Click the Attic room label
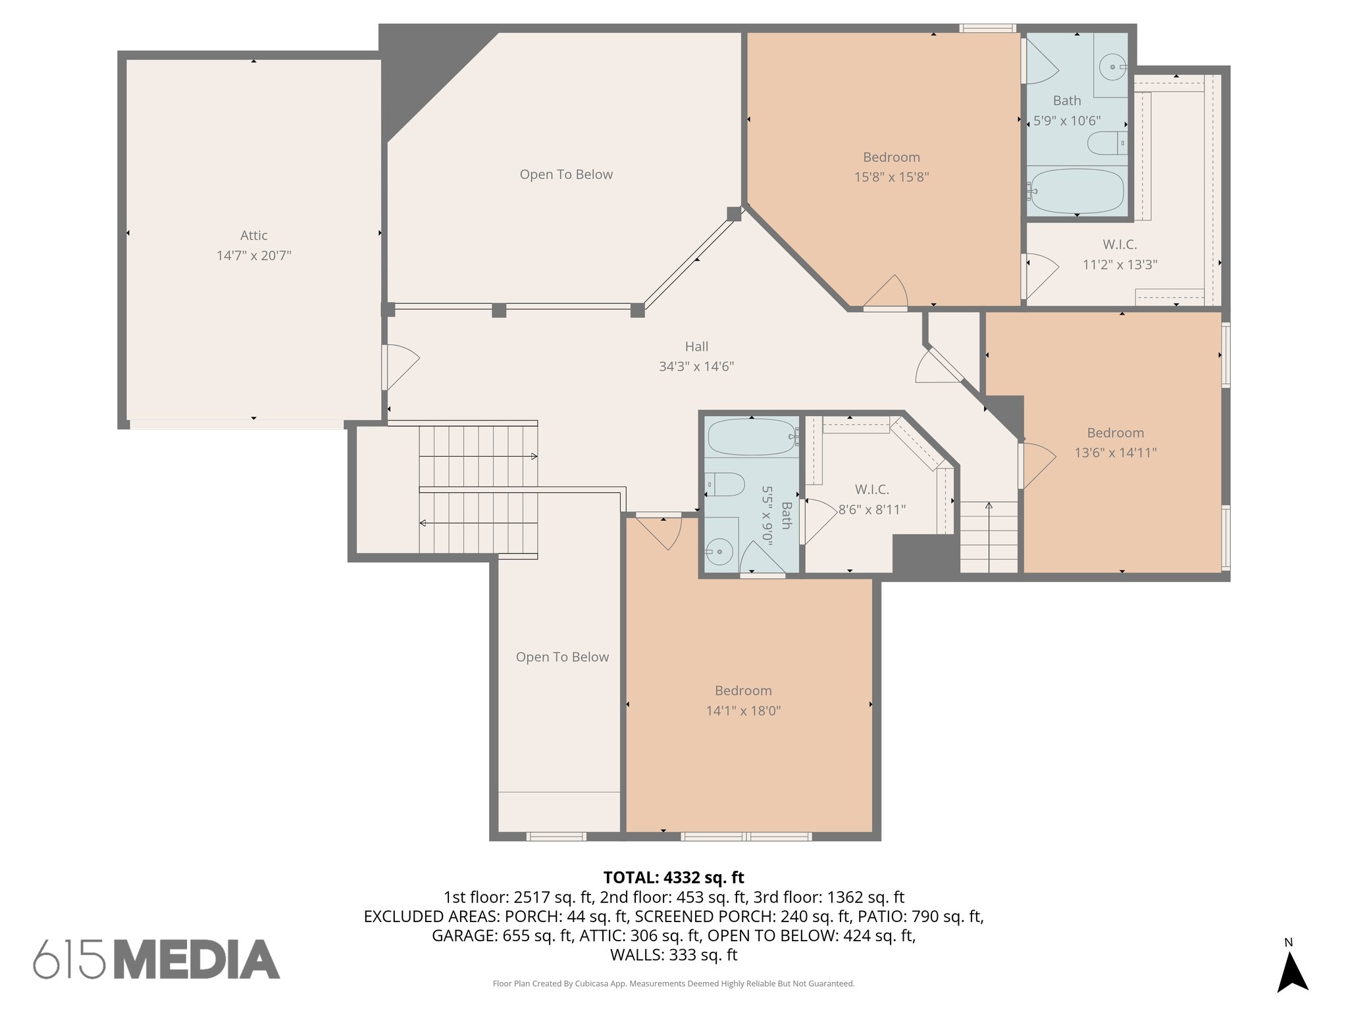click(253, 235)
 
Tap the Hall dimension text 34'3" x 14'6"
click(696, 367)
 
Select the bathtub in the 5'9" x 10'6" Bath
click(1077, 191)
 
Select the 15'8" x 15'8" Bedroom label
click(891, 157)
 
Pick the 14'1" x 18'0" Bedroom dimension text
click(743, 711)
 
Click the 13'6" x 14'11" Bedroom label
click(1115, 433)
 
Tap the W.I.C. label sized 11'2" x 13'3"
click(1120, 245)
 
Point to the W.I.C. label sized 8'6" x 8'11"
click(871, 490)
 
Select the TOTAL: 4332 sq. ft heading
click(673, 877)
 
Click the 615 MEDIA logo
click(157, 959)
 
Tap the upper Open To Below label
click(566, 174)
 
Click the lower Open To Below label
click(562, 657)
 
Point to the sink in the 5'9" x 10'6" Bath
click(1113, 67)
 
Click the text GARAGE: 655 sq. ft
click(502, 935)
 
